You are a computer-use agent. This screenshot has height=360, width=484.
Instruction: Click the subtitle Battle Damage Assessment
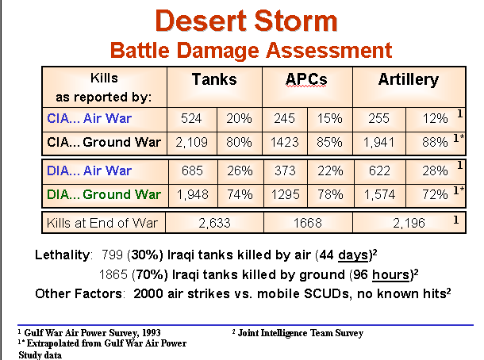[250, 51]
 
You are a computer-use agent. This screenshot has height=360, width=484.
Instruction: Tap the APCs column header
[305, 80]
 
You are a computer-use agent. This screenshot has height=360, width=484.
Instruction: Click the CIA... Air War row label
[89, 118]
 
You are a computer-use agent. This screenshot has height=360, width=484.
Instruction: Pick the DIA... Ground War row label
[99, 193]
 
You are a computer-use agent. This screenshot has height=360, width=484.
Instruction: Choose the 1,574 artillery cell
[378, 193]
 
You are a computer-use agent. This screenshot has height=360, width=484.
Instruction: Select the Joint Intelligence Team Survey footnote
[298, 333]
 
